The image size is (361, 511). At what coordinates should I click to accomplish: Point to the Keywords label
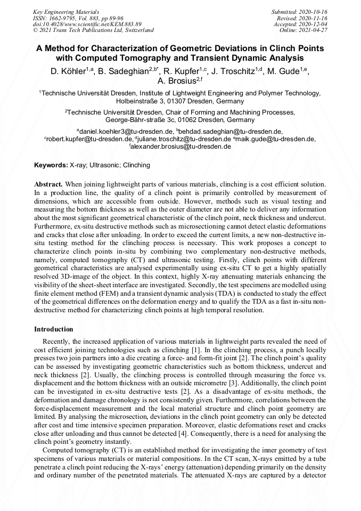click(51, 165)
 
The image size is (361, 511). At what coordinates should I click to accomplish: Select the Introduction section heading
click(53, 329)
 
